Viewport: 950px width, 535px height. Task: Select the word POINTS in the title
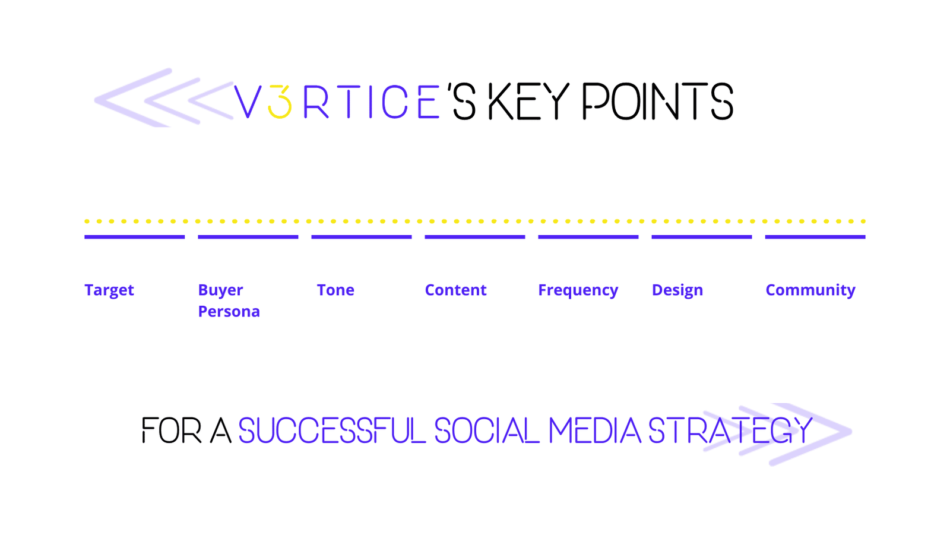point(658,101)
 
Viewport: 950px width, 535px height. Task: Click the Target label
point(109,290)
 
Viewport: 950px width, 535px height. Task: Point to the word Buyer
point(220,290)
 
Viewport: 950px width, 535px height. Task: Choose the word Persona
point(229,312)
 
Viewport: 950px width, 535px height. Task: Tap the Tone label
point(335,290)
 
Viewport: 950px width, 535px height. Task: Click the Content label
point(456,290)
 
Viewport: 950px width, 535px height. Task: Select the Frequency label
point(578,290)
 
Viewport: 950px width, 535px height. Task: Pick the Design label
point(677,290)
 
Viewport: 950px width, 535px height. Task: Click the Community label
point(810,290)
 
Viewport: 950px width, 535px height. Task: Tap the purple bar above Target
point(134,237)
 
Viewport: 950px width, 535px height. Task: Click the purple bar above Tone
point(362,237)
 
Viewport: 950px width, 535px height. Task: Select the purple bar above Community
point(815,237)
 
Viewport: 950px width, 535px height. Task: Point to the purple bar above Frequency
point(588,237)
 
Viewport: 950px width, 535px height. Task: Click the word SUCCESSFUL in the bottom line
point(332,430)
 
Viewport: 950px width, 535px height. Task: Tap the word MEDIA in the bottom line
point(594,430)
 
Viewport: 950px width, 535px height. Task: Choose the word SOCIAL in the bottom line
point(487,430)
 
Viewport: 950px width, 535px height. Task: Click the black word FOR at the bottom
point(172,430)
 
